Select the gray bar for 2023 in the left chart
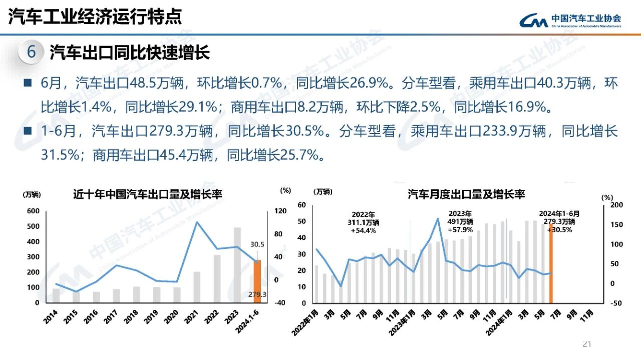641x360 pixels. [x=237, y=265]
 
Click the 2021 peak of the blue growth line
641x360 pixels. [x=196, y=222]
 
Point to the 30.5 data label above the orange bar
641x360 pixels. [x=257, y=245]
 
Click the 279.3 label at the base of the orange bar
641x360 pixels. [x=257, y=294]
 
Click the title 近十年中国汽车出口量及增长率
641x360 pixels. [x=148, y=194]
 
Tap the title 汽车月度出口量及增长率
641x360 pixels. [x=466, y=194]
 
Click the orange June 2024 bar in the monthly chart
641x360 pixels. [x=551, y=265]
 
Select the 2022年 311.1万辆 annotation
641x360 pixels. [x=364, y=222]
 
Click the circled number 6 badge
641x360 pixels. [x=32, y=52]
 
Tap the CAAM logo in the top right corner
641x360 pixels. [x=570, y=20]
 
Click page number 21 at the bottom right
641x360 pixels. [x=587, y=344]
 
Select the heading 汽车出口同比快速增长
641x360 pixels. [x=129, y=52]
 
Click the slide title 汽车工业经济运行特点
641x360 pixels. [x=95, y=17]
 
